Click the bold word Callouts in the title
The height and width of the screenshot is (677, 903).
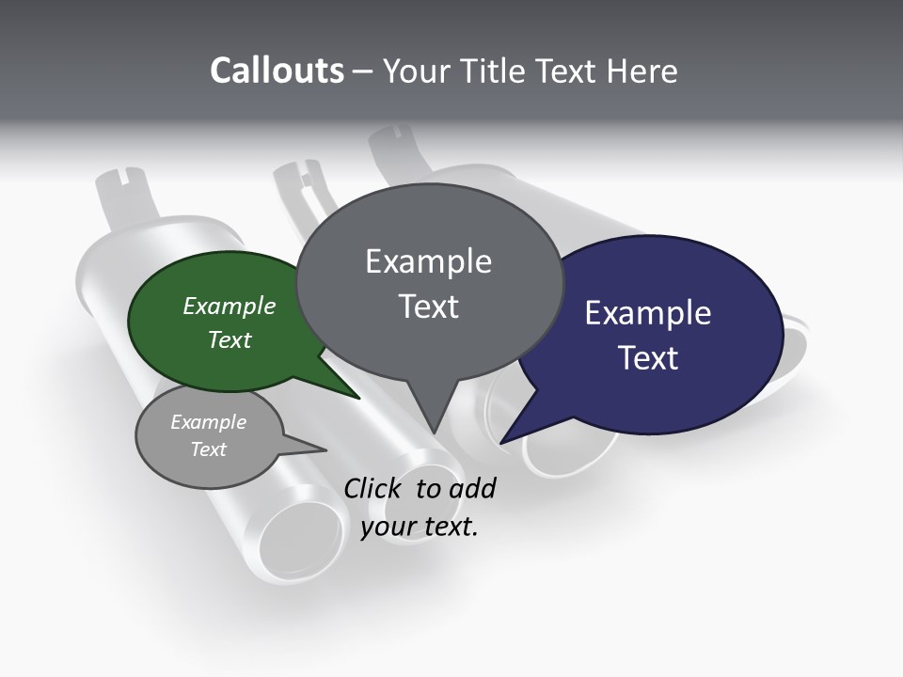277,71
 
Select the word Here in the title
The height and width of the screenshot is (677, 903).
643,71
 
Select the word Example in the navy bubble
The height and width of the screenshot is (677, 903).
648,312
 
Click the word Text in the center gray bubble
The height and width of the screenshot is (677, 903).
429,307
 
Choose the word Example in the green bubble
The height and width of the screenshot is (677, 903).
230,306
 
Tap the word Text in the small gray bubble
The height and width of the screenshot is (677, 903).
209,449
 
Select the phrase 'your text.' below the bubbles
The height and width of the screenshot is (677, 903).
420,527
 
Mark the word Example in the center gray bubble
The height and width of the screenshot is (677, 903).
429,261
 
